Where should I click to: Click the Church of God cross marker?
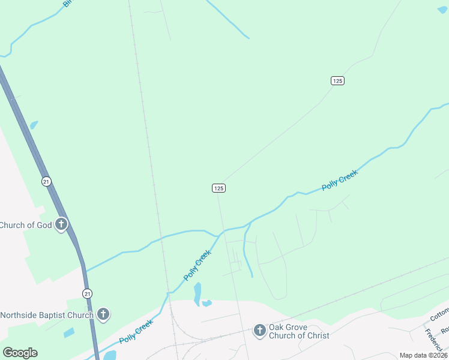click(x=61, y=225)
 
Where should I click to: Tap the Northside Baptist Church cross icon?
click(x=103, y=314)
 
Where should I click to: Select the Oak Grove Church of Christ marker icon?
click(x=259, y=331)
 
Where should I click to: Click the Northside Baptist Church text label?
click(x=47, y=314)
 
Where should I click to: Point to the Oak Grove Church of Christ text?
click(x=299, y=331)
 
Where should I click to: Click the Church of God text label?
click(x=26, y=226)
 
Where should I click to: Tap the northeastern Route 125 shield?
click(x=337, y=80)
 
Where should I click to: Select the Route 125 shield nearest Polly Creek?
click(x=218, y=188)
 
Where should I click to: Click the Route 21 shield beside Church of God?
click(x=46, y=181)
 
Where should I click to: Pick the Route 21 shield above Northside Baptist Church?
click(x=88, y=293)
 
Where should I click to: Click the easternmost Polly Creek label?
click(x=340, y=180)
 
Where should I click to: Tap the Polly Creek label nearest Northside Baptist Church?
click(x=136, y=331)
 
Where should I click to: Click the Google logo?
click(x=20, y=352)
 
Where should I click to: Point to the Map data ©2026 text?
click(x=423, y=355)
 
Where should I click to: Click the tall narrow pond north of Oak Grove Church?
click(x=197, y=293)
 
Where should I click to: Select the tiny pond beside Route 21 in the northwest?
click(x=34, y=125)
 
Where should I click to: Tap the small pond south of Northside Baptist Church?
click(x=69, y=332)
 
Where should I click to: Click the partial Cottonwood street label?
click(x=440, y=314)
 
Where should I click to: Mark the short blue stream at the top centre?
click(x=228, y=20)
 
